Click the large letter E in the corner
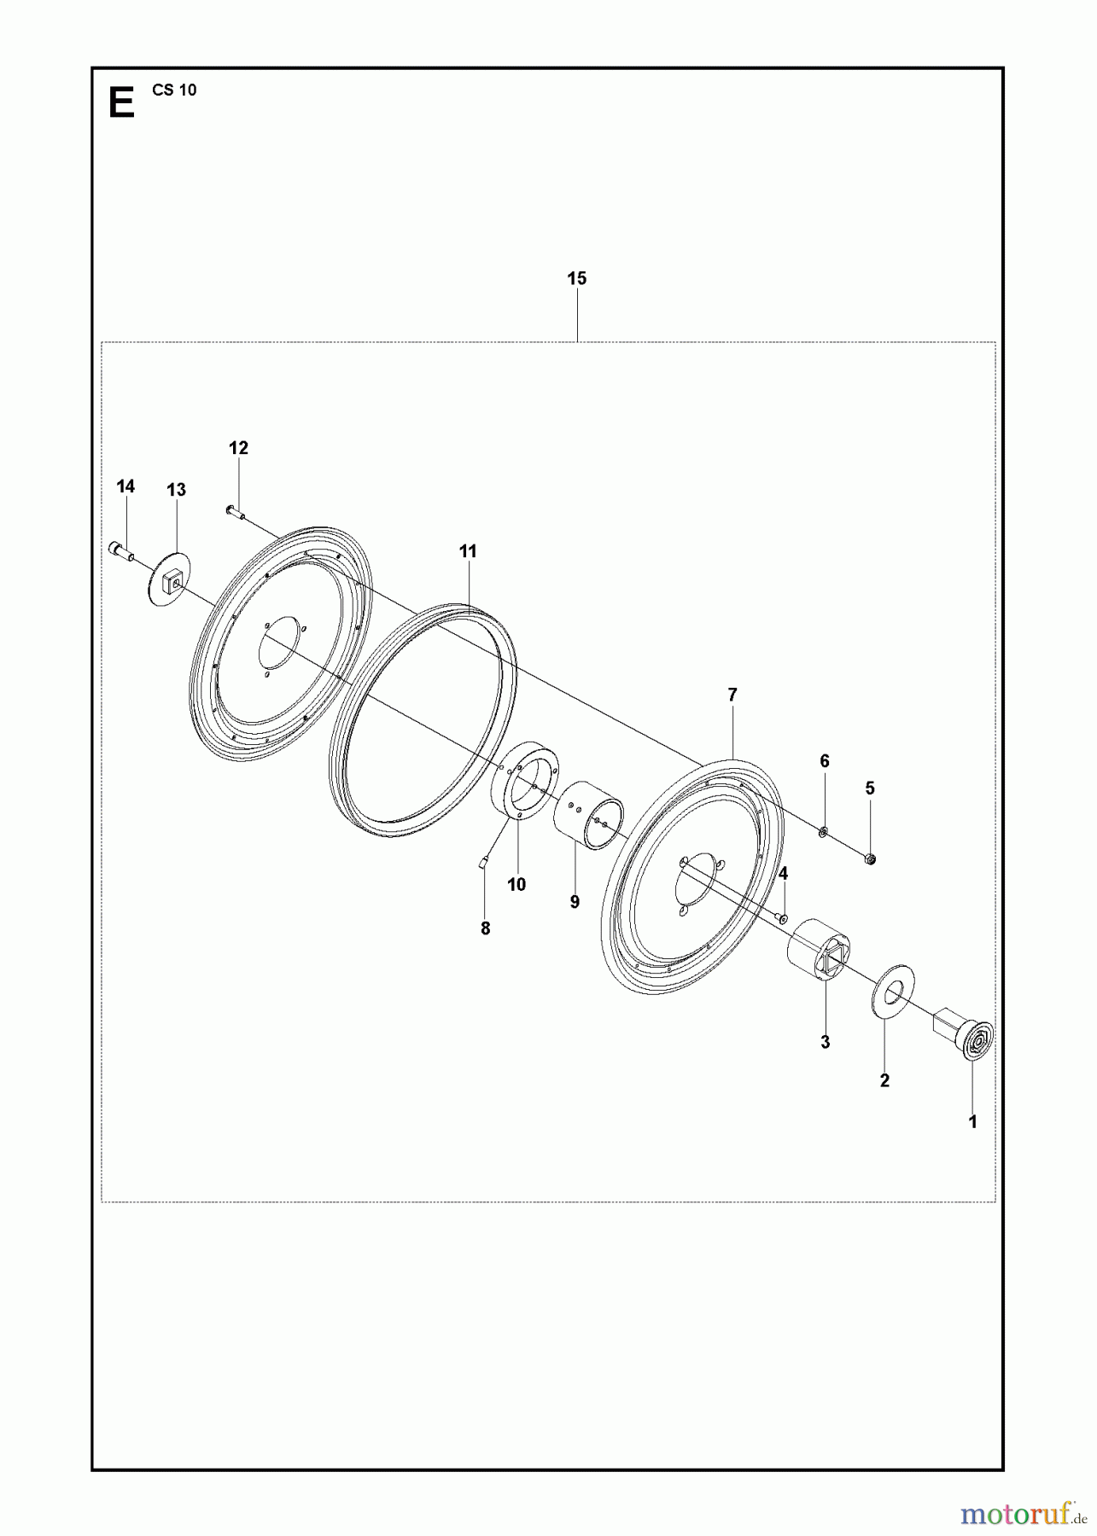(122, 104)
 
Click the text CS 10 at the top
(175, 90)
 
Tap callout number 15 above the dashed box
(577, 278)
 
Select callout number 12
(238, 448)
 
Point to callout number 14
(125, 486)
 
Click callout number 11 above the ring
(468, 551)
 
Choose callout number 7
(732, 695)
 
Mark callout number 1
(972, 1122)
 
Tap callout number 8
(486, 928)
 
